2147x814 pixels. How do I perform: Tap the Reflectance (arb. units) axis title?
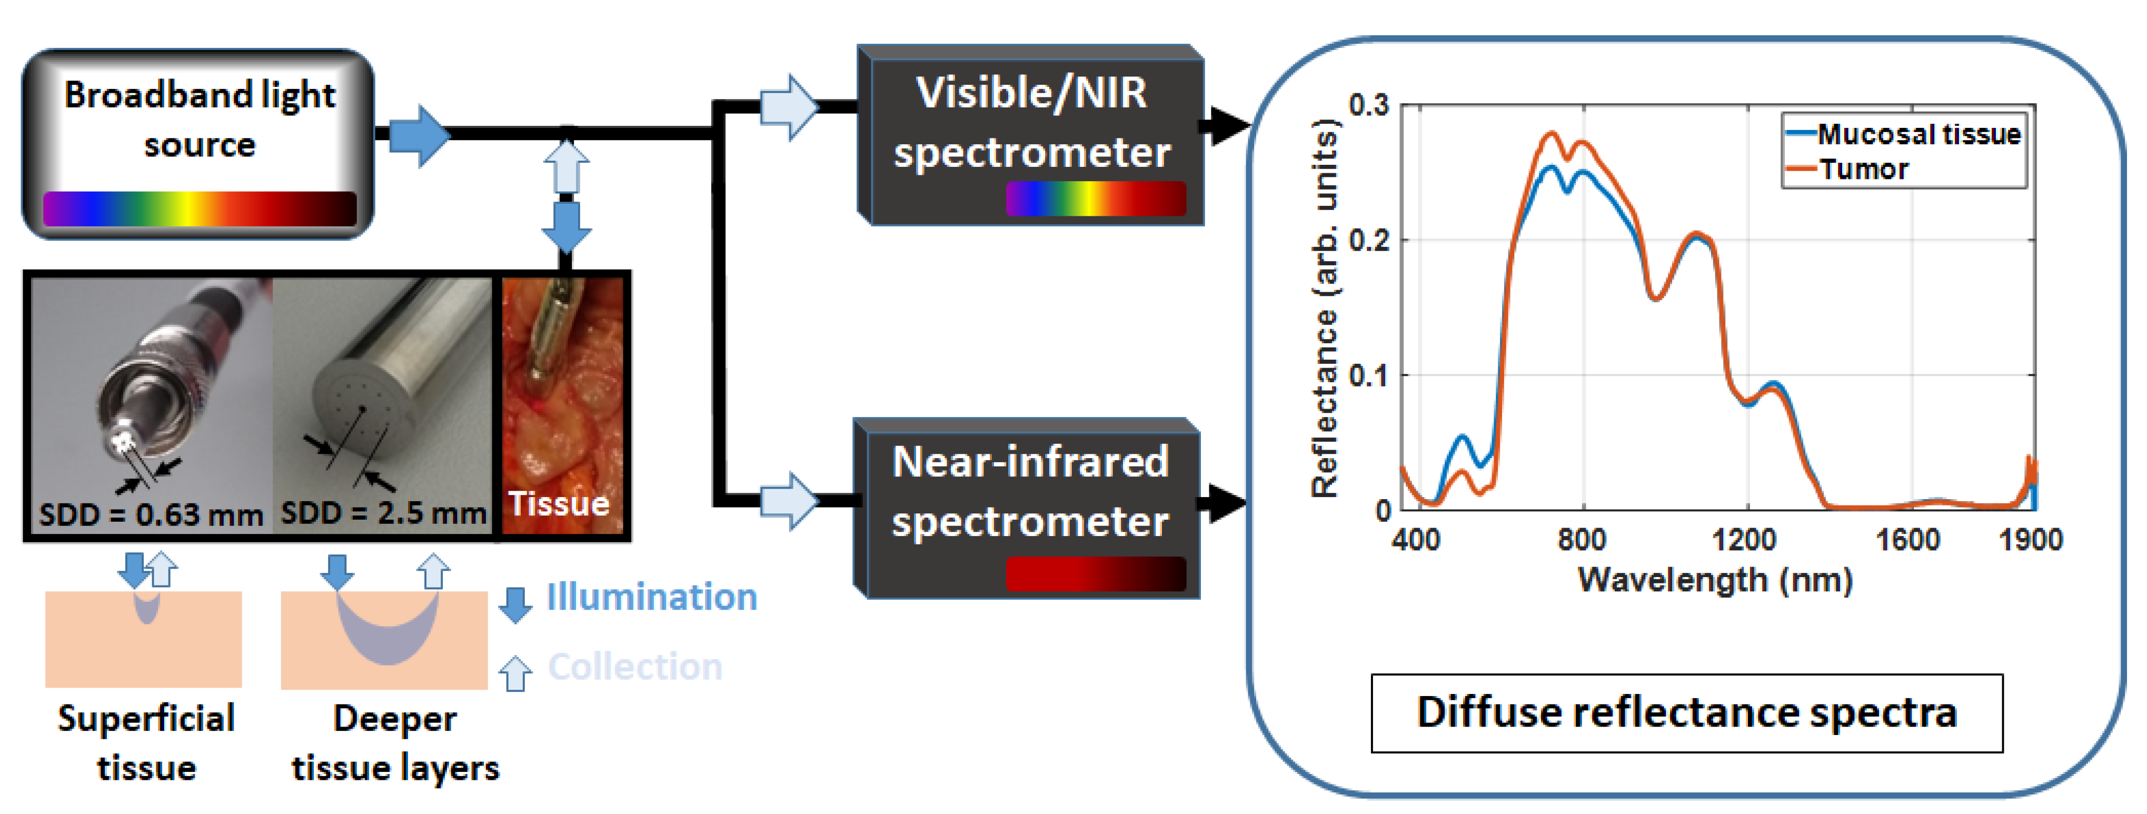pos(1324,308)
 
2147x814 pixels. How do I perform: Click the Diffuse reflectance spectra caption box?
pos(1686,713)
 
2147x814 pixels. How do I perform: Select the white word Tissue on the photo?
pos(559,504)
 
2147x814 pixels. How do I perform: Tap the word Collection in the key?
pos(634,667)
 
